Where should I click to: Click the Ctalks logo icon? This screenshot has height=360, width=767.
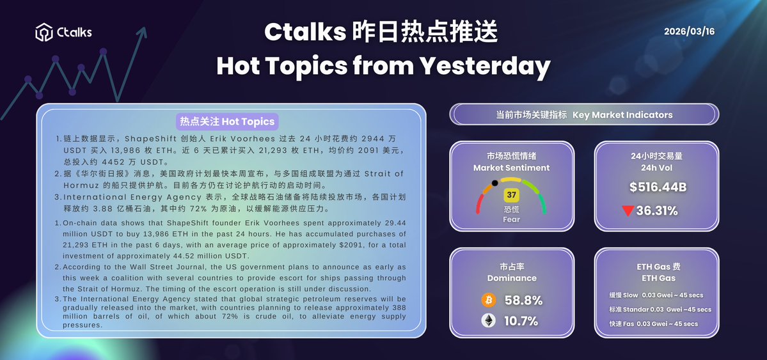pyautogui.click(x=43, y=31)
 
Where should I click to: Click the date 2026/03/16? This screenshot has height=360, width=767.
pyautogui.click(x=689, y=31)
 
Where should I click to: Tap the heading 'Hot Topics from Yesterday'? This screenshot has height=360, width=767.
pyautogui.click(x=383, y=65)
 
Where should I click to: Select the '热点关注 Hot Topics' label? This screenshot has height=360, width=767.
pyautogui.click(x=227, y=121)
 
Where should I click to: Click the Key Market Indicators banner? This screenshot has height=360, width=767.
pyautogui.click(x=584, y=115)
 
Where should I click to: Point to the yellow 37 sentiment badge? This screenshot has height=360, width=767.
pyautogui.click(x=511, y=194)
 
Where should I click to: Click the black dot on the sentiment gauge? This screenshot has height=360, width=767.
pyautogui.click(x=494, y=184)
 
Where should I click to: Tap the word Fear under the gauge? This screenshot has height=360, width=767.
pyautogui.click(x=511, y=219)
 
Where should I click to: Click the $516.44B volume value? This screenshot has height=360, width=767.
pyautogui.click(x=657, y=187)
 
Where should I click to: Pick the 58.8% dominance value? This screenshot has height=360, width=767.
pyautogui.click(x=523, y=300)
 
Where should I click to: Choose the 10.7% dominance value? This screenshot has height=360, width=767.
pyautogui.click(x=521, y=321)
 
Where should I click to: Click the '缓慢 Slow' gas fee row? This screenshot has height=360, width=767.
pyautogui.click(x=656, y=295)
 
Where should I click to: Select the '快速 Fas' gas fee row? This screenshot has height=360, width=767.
pyautogui.click(x=653, y=324)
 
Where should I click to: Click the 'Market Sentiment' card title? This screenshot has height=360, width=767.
pyautogui.click(x=511, y=168)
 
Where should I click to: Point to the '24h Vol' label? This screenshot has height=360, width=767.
pyautogui.click(x=656, y=168)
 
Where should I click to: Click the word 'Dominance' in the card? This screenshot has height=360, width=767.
pyautogui.click(x=511, y=278)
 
